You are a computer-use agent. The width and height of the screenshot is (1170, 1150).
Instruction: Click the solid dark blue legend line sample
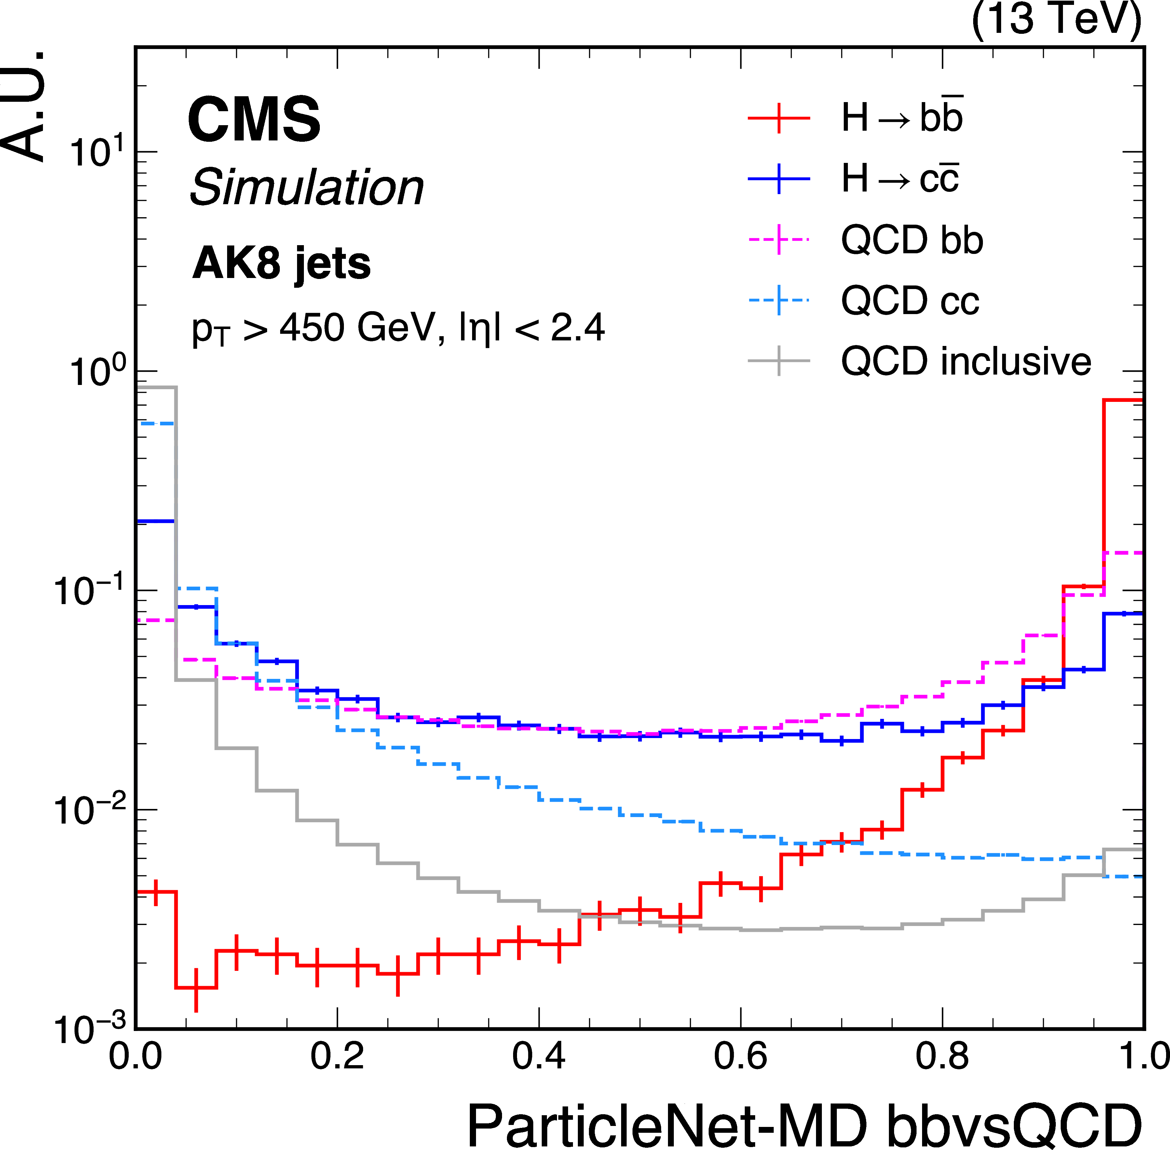pyautogui.click(x=779, y=179)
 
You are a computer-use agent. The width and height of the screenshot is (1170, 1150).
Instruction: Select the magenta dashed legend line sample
pyautogui.click(x=779, y=240)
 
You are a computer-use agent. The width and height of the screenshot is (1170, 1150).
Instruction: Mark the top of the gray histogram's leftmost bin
pyautogui.click(x=156, y=387)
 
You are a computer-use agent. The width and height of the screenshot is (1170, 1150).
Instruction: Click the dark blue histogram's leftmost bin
pyautogui.click(x=156, y=521)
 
